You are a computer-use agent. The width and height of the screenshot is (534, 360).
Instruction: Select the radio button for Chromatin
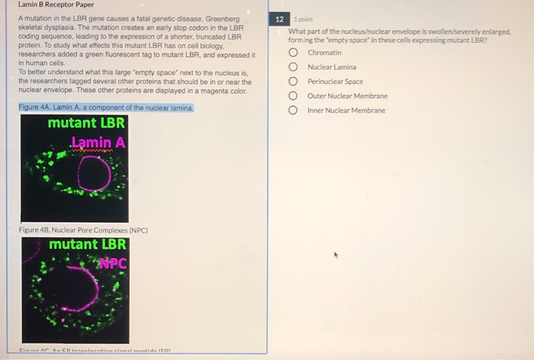click(x=293, y=53)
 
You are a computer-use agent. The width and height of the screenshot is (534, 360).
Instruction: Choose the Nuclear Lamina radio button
click(x=293, y=67)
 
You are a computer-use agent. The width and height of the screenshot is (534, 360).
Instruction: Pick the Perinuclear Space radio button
click(x=293, y=82)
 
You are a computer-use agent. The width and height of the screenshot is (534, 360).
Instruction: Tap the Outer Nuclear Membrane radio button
click(x=293, y=96)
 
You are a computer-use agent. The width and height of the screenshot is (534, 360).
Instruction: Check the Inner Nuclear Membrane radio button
click(x=293, y=111)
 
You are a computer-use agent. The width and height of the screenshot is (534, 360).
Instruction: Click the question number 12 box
click(x=280, y=18)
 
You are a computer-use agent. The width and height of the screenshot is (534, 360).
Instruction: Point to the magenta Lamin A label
click(x=98, y=142)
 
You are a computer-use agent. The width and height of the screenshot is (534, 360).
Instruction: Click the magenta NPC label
click(x=111, y=263)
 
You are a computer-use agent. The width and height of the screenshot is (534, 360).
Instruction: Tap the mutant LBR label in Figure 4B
click(x=88, y=245)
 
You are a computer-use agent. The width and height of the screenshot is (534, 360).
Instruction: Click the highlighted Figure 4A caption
click(x=106, y=108)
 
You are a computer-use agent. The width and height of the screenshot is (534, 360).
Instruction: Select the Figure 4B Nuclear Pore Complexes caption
click(x=83, y=230)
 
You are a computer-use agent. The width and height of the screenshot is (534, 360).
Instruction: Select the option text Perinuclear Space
click(x=335, y=82)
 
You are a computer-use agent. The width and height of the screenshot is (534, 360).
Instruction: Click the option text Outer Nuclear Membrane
click(x=347, y=96)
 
